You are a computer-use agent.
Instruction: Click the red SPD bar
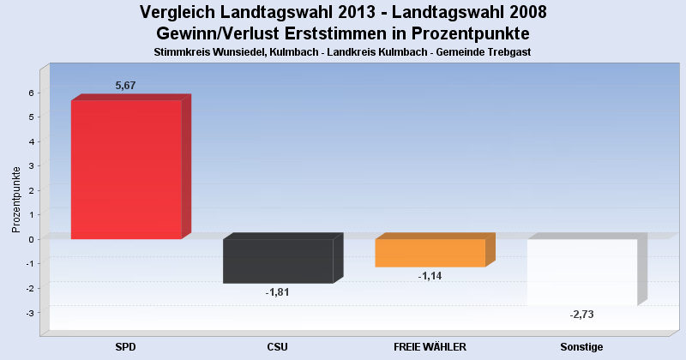pyautogui.click(x=126, y=170)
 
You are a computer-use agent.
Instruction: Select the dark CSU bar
pyautogui.click(x=278, y=261)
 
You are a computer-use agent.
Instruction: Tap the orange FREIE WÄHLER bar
pyautogui.click(x=430, y=253)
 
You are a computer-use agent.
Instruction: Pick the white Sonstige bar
pyautogui.click(x=581, y=272)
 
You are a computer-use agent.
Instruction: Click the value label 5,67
pyautogui.click(x=126, y=86)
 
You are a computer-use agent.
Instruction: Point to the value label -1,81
pyautogui.click(x=278, y=292)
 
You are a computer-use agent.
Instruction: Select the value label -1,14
pyautogui.click(x=430, y=276)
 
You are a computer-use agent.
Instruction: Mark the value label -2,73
pyautogui.click(x=581, y=315)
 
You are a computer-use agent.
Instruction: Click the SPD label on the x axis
pyautogui.click(x=126, y=347)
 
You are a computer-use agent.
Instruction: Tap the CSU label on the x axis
pyautogui.click(x=278, y=347)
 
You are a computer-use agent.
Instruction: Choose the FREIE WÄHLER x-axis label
pyautogui.click(x=430, y=347)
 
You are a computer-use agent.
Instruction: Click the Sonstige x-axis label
pyautogui.click(x=581, y=347)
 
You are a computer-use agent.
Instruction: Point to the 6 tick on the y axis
pyautogui.click(x=30, y=93)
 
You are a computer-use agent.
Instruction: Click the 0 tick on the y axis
pyautogui.click(x=30, y=239)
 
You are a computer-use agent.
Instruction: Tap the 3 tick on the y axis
pyautogui.click(x=30, y=165)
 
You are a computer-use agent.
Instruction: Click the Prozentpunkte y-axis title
pyautogui.click(x=16, y=199)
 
